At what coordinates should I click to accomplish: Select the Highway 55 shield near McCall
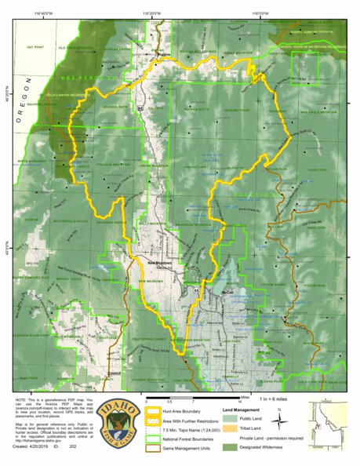197,291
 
